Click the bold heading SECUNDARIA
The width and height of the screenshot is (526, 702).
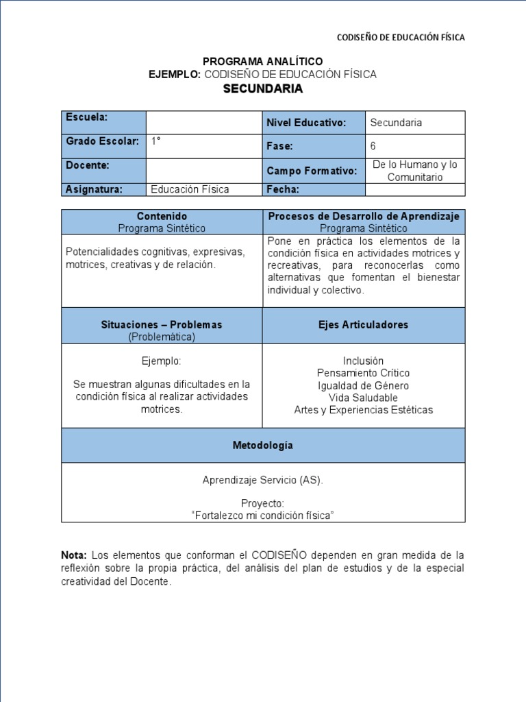point(263,89)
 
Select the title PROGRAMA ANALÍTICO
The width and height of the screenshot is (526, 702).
point(263,62)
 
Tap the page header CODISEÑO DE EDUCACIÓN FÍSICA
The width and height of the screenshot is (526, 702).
point(402,38)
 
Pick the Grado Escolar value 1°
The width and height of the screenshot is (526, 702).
point(156,141)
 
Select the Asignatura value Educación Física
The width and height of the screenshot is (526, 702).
point(190,189)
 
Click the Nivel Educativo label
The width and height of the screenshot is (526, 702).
point(305,123)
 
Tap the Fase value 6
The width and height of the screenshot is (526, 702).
point(373,146)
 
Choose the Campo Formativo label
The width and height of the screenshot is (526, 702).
point(312,171)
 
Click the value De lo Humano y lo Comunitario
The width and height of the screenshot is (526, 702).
point(414,171)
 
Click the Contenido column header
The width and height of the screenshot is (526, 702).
point(162,216)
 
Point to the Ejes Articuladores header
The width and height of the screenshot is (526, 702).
point(363,325)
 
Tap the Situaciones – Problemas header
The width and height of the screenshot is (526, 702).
point(162,325)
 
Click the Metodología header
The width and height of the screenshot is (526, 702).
point(263,446)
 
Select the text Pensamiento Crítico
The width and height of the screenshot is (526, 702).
point(363,373)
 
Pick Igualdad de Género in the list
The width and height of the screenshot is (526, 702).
point(363,385)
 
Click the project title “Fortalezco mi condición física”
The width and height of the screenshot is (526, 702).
point(263,515)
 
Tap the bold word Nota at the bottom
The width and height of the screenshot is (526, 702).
point(74,555)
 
